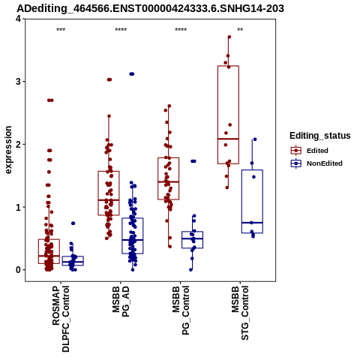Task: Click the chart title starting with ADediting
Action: [x=150, y=8]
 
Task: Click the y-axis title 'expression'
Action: [x=8, y=150]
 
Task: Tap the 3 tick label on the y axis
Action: [x=18, y=82]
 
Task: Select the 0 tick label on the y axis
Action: [x=18, y=270]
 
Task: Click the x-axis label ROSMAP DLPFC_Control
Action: [x=61, y=319]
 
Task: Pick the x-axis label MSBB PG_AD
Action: [x=121, y=301]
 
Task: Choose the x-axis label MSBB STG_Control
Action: [x=240, y=313]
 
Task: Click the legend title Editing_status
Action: [x=320, y=136]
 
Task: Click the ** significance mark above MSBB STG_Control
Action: [x=240, y=30]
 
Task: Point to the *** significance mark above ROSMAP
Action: [x=61, y=30]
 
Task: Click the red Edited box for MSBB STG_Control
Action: [x=228, y=66]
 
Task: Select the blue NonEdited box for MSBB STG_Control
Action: [x=252, y=170]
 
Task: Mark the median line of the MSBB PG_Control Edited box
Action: [x=169, y=181]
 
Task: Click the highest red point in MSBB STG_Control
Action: [x=229, y=37]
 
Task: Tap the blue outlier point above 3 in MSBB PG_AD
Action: [x=132, y=74]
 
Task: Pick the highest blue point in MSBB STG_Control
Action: [x=255, y=139]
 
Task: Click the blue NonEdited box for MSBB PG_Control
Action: [x=193, y=232]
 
